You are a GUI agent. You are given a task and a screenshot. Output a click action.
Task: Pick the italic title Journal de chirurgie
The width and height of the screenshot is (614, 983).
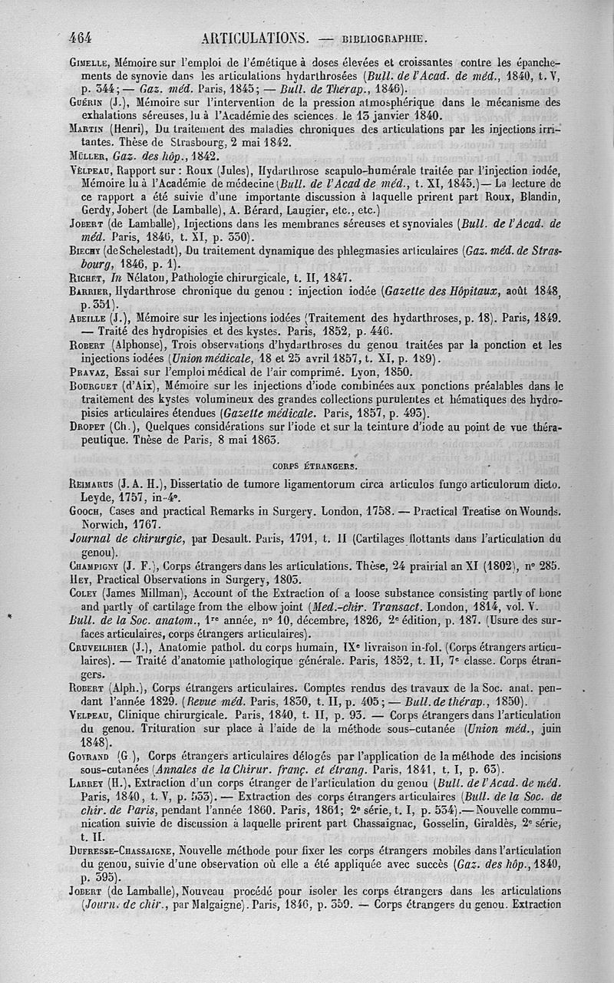click(x=123, y=539)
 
